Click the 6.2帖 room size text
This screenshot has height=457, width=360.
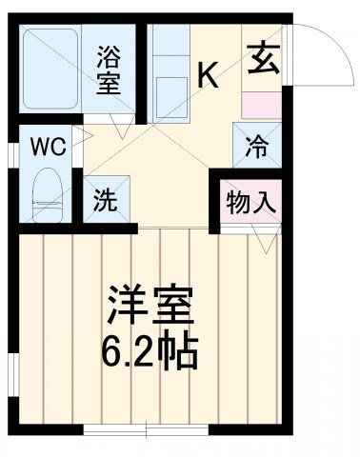click(x=150, y=352)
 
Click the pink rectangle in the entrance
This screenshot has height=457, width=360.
click(x=261, y=104)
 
